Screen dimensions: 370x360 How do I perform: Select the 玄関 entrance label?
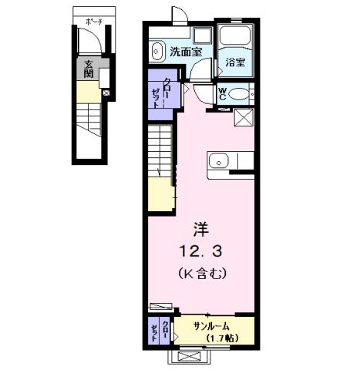(x=89, y=69)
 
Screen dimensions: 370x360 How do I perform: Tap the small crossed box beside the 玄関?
(x=106, y=94)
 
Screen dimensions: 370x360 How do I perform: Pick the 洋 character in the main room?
(x=199, y=228)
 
